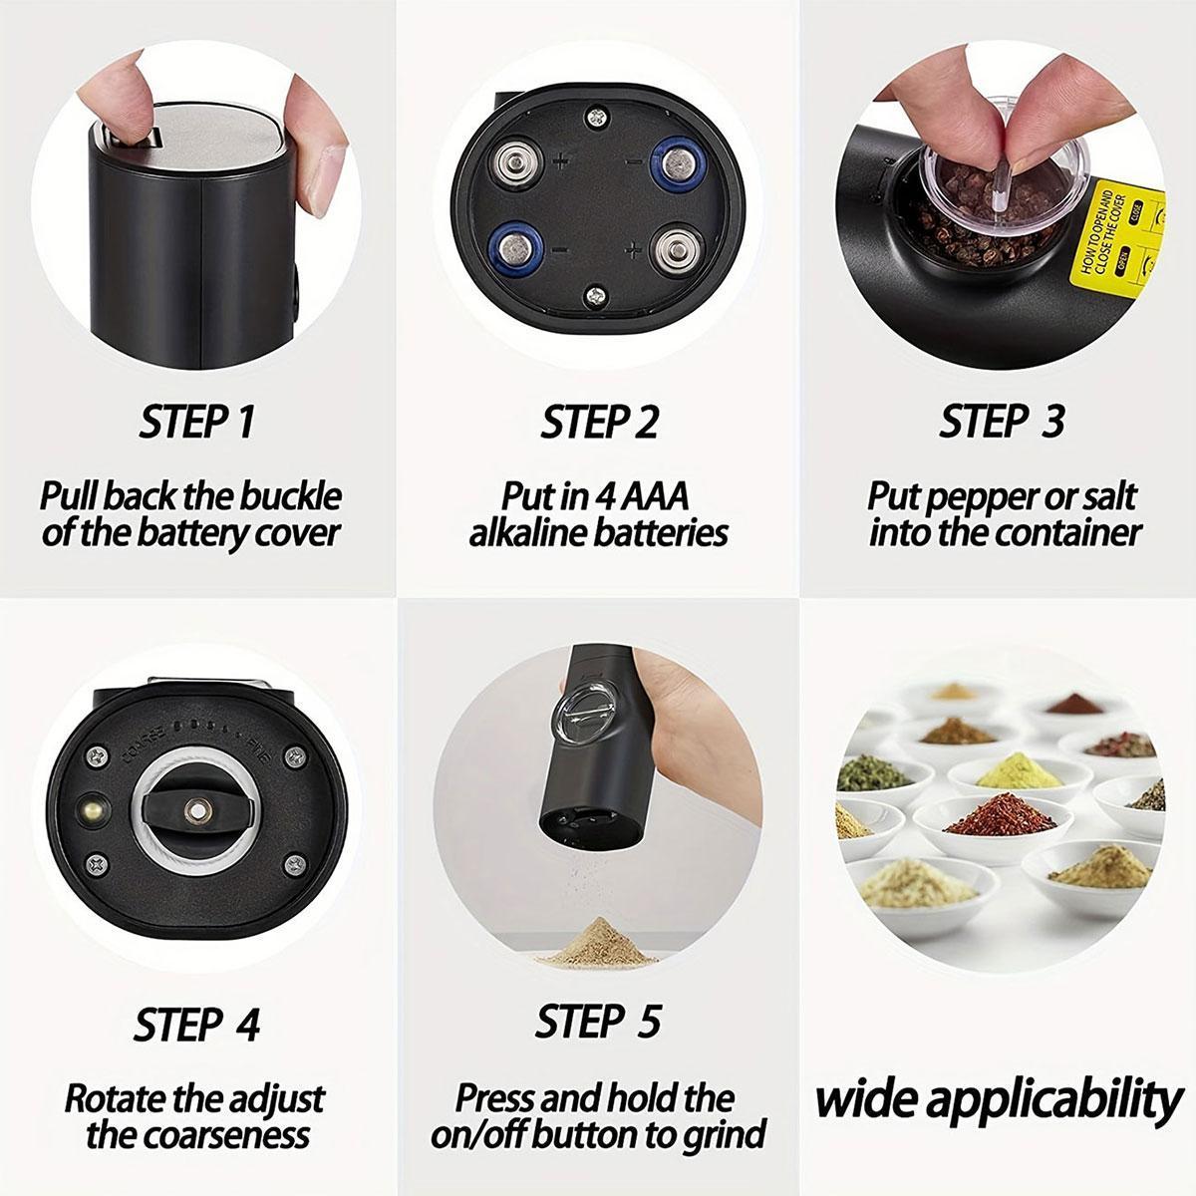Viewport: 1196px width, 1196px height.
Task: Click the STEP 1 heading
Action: [x=196, y=423]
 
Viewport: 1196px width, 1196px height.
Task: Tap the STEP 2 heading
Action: [x=599, y=423]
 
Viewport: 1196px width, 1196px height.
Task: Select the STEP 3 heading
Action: [x=1001, y=421]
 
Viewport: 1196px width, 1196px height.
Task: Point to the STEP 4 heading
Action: [x=196, y=1024]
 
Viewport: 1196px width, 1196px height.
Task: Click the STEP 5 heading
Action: [x=597, y=1022]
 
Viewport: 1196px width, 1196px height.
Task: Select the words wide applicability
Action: [x=998, y=1099]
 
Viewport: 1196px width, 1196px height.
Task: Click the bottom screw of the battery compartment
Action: [x=596, y=294]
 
